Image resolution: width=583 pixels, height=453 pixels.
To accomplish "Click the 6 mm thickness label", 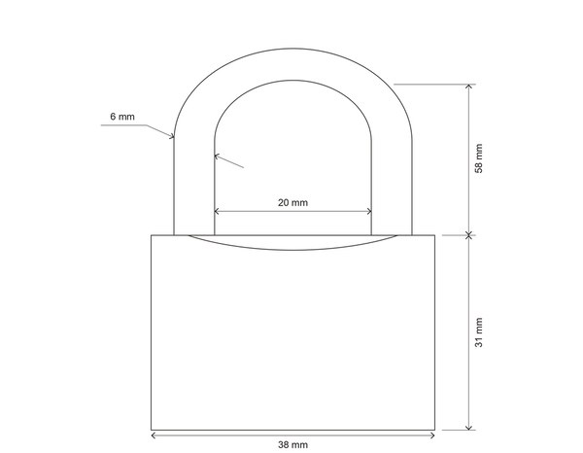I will (x=122, y=117).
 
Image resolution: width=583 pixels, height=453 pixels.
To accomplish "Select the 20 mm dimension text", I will (x=292, y=202).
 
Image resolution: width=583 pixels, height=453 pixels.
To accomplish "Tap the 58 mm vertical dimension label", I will (x=478, y=157).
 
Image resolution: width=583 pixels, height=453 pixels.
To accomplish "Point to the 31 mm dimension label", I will (x=478, y=332).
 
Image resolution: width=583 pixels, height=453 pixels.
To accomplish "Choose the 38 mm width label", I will (x=292, y=444).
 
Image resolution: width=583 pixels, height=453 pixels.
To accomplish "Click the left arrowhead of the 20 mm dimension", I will (x=218, y=211).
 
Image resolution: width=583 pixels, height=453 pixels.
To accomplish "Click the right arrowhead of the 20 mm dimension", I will (x=368, y=211).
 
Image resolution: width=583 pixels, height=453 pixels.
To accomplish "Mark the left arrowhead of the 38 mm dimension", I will (x=154, y=431).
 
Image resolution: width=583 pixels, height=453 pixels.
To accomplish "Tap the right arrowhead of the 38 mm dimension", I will (x=430, y=431).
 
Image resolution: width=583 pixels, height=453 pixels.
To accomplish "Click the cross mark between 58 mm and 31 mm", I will (x=469, y=234).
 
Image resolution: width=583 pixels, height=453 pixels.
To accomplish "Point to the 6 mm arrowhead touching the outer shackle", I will (x=170, y=137).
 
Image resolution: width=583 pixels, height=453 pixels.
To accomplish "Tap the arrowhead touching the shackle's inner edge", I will (x=218, y=155).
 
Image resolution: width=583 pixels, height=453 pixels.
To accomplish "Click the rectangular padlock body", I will (x=292, y=340).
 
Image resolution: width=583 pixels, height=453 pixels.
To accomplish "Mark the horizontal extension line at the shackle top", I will (x=432, y=84).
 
